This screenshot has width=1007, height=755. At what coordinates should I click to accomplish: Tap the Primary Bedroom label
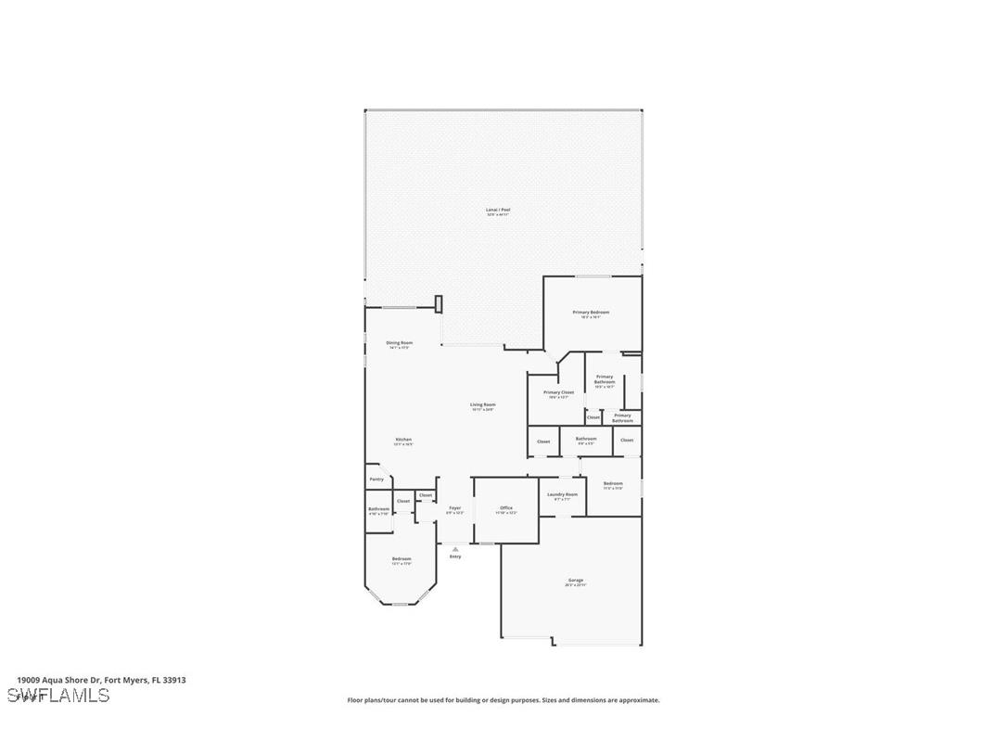coord(591,314)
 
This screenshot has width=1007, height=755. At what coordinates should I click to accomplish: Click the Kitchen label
coord(403,441)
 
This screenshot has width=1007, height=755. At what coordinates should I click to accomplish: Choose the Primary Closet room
coord(558,394)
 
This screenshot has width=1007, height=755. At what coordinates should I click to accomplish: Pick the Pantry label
coord(376,480)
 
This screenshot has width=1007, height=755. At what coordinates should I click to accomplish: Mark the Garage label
coord(576,582)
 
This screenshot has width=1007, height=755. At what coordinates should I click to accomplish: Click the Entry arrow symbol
coord(455,549)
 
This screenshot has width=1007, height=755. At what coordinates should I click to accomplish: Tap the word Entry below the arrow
coord(455,557)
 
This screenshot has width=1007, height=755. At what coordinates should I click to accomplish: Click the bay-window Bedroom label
coord(402,560)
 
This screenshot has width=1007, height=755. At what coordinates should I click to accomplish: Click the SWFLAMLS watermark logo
coord(57,696)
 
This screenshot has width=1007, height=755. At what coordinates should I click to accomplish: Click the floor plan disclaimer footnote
coord(503,700)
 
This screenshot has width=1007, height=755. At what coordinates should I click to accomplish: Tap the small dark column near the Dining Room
coord(439,304)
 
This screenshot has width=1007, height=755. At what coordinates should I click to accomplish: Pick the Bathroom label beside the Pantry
coord(378,510)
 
